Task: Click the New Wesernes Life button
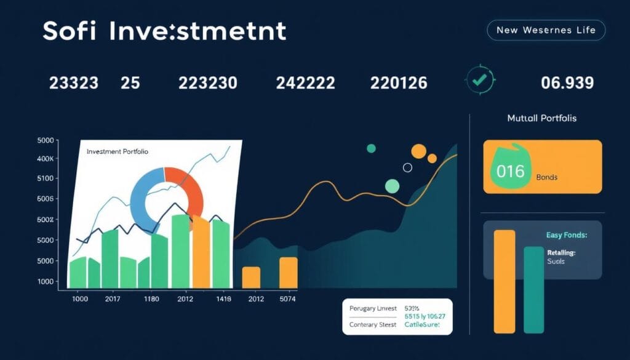(546, 30)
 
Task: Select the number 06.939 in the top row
(567, 83)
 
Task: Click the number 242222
(305, 83)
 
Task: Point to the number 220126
(399, 83)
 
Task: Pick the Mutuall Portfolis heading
(542, 118)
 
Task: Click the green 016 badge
(509, 170)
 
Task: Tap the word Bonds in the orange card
(546, 177)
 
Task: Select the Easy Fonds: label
(567, 235)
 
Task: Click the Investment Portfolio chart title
(117, 151)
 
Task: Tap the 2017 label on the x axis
(112, 300)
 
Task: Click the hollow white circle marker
(407, 167)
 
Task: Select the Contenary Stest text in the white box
(372, 324)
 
